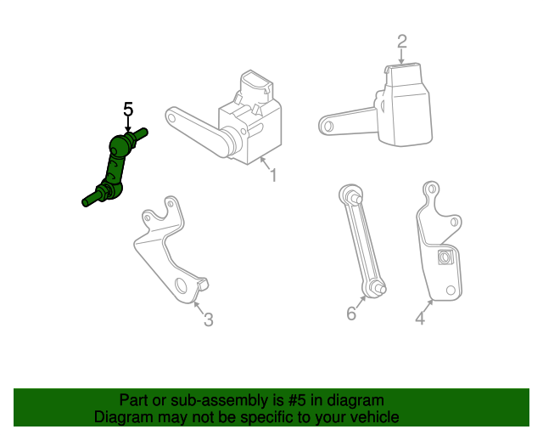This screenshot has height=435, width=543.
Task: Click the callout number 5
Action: coord(128,110)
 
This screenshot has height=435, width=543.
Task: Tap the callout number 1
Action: coord(273,175)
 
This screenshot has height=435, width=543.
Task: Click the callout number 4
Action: coord(420,318)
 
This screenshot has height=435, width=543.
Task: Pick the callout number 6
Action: coord(351,314)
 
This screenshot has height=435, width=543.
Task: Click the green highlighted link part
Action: coord(115,167)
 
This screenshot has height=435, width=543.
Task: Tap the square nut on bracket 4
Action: coord(445,257)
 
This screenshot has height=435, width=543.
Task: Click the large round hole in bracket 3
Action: coord(181,285)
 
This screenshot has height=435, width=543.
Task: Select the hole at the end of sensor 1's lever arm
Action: coord(171,117)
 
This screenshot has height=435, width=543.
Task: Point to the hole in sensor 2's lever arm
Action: coord(328,126)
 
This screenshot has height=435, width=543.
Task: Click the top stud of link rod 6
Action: coord(356,199)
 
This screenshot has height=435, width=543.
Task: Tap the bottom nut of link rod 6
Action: coord(375,287)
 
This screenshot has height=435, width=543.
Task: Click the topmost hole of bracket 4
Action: coord(432,189)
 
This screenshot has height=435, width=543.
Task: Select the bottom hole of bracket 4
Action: coord(451,290)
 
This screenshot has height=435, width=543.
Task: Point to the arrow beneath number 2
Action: coord(401,57)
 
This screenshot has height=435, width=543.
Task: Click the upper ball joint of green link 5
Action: coord(118,144)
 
